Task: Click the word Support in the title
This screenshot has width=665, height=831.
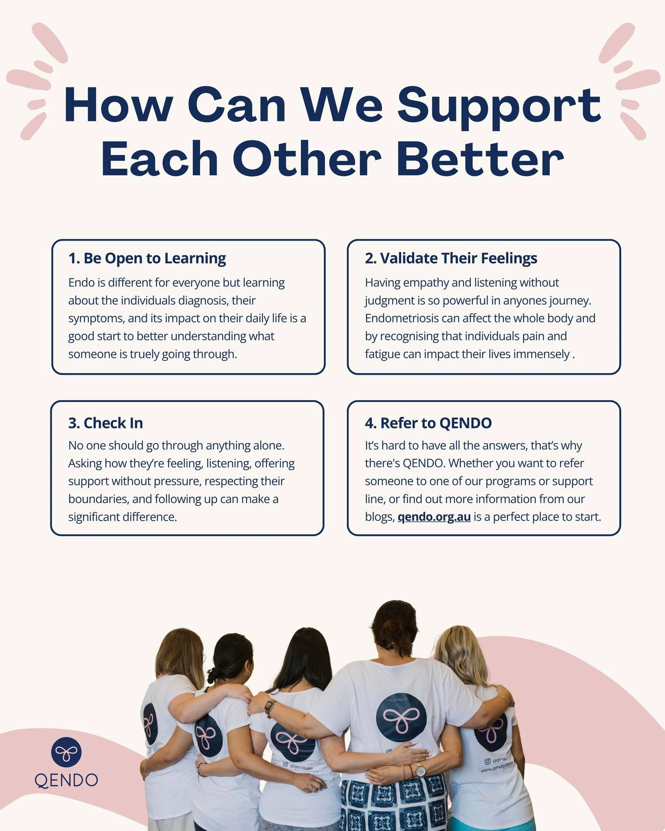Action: pyautogui.click(x=499, y=106)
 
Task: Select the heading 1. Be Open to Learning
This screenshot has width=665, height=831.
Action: pyautogui.click(x=147, y=258)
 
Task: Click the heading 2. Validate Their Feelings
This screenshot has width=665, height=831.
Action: pyautogui.click(x=451, y=258)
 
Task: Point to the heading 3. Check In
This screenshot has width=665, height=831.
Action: pyautogui.click(x=106, y=423)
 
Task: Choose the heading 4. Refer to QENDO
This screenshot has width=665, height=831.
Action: pyautogui.click(x=428, y=423)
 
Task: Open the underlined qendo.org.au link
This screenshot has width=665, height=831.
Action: pyautogui.click(x=434, y=517)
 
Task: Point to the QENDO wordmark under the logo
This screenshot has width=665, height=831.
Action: pyautogui.click(x=66, y=780)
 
